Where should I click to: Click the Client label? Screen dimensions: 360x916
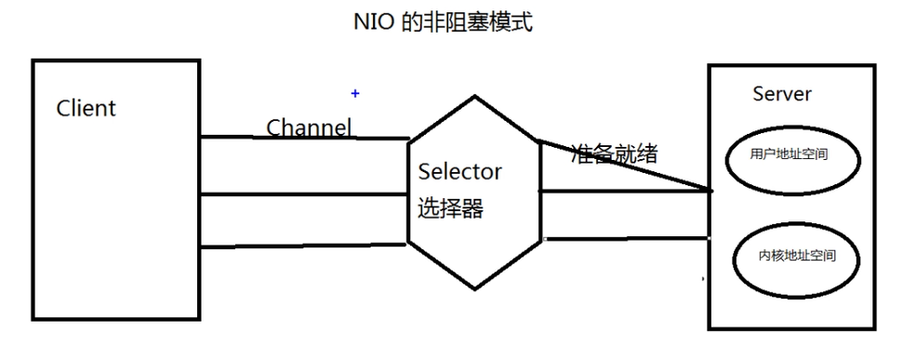(x=86, y=108)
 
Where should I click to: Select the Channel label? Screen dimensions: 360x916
(x=309, y=127)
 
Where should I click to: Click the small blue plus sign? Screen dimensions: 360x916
(x=354, y=93)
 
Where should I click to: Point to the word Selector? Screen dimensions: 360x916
(x=459, y=171)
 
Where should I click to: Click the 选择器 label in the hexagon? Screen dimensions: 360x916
(x=450, y=208)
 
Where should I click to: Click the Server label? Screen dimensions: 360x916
(x=781, y=94)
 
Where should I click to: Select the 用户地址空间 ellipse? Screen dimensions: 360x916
(x=789, y=156)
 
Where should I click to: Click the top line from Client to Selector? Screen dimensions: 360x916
(x=304, y=139)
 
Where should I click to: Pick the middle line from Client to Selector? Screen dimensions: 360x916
(x=304, y=195)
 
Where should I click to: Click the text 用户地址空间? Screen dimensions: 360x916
(x=789, y=156)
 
